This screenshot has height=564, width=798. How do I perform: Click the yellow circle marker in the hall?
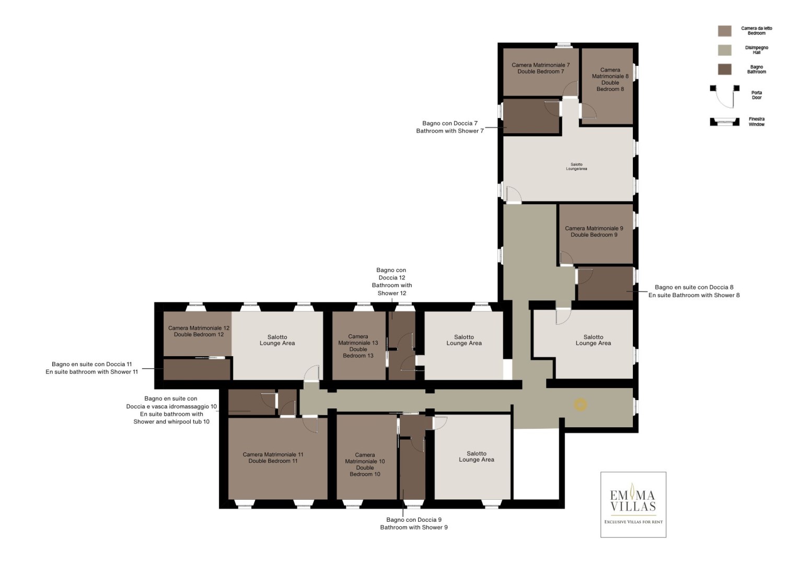click(580, 405)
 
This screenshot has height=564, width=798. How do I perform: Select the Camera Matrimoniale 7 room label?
click(540, 65)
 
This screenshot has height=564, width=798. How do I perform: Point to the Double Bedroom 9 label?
click(594, 234)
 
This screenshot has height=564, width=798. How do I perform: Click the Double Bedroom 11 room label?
click(273, 461)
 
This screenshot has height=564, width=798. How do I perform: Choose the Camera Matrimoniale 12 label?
click(199, 328)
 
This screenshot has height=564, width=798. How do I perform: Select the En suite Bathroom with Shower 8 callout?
click(694, 295)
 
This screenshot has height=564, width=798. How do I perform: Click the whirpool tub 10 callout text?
click(171, 421)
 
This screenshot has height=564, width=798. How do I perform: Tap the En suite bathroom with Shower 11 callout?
click(91, 372)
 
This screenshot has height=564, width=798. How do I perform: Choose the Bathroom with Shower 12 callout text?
click(392, 289)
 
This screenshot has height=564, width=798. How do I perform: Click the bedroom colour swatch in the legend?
click(725, 31)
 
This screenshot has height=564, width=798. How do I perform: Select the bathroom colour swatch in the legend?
click(725, 69)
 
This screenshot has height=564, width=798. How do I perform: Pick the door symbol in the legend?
click(725, 96)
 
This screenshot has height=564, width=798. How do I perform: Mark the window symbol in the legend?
click(725, 122)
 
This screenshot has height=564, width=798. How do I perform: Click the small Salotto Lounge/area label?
click(576, 167)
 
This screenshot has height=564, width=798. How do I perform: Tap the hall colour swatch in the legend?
click(725, 50)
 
